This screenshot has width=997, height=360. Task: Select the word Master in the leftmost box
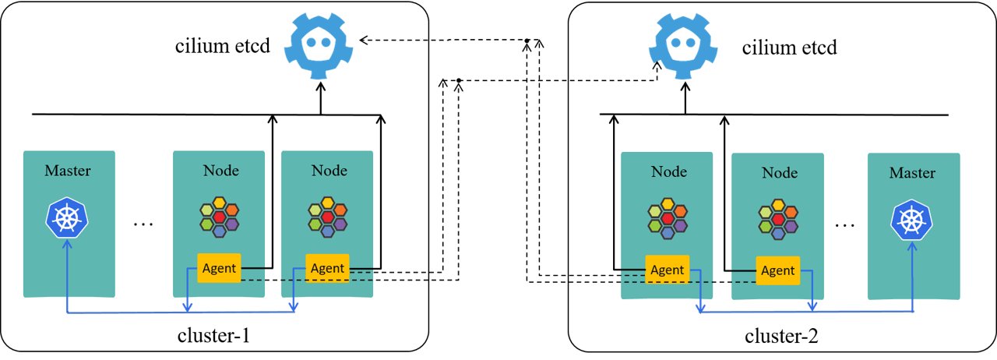coord(68,171)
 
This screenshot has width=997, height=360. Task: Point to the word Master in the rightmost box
coord(912,172)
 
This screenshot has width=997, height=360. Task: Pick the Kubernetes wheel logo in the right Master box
coord(912,219)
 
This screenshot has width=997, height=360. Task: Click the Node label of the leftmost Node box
coord(220,171)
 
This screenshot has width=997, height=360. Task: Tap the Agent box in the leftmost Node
coord(219,268)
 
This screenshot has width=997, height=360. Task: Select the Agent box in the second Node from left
coord(327,268)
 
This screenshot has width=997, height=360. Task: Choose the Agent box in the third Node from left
coord(667,270)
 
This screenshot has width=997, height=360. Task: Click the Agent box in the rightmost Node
coord(777,270)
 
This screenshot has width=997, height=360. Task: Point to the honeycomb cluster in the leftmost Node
coord(220,217)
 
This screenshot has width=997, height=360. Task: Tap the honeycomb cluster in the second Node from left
coord(328,217)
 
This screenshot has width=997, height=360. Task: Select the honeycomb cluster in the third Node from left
coord(668,218)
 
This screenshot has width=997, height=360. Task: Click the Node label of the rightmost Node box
coord(780,172)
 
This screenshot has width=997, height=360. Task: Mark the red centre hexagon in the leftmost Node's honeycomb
coord(220,217)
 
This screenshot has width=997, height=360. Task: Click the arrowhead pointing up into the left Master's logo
coord(68,244)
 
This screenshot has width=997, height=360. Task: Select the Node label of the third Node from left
coord(669,171)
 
